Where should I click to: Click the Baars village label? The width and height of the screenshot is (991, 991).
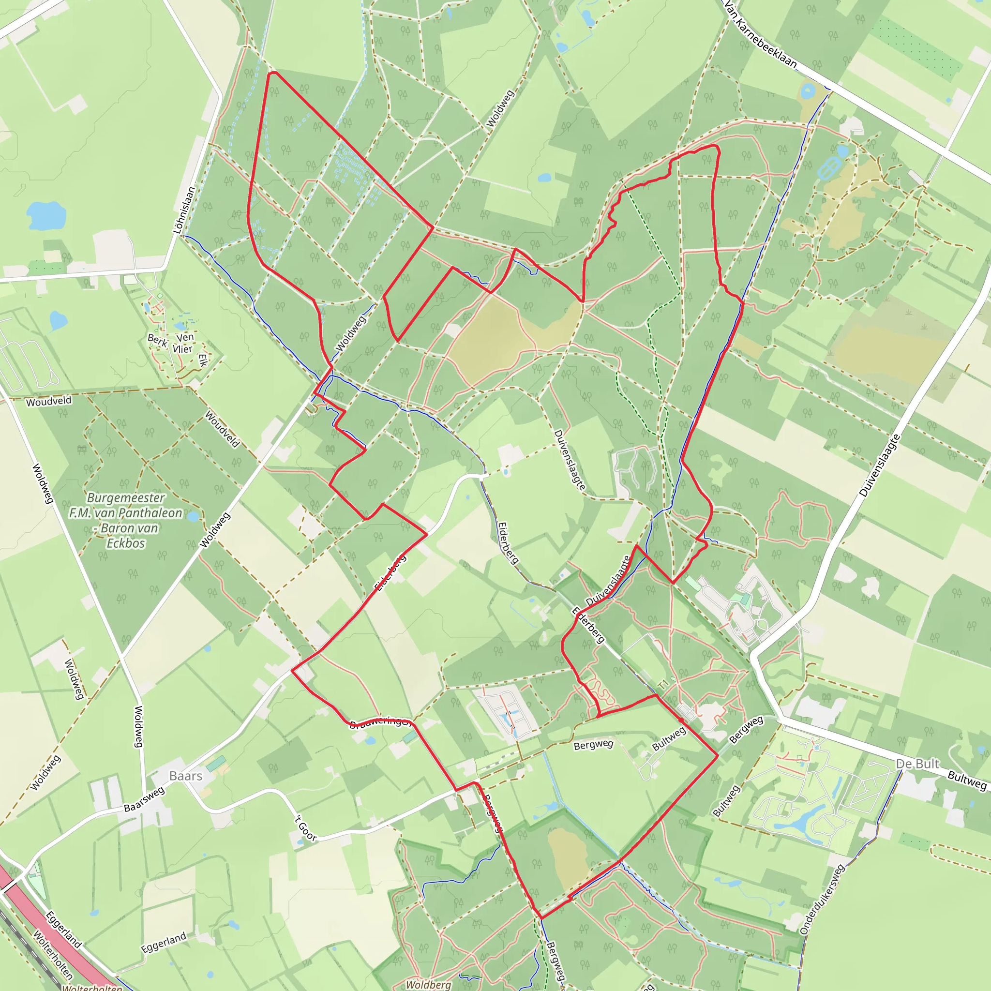[186, 776]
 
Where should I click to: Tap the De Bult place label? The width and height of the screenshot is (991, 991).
[917, 764]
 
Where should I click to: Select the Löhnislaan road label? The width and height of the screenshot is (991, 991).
[184, 210]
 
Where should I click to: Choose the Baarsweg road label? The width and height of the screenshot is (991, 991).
[144, 799]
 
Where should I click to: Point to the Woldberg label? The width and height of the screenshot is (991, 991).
[428, 984]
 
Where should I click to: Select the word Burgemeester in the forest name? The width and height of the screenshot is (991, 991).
[126, 497]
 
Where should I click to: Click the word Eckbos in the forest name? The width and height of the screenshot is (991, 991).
[126, 543]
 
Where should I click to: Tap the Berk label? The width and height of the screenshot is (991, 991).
[157, 340]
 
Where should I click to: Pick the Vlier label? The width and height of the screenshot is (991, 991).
[182, 349]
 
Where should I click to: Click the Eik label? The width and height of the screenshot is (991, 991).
[203, 360]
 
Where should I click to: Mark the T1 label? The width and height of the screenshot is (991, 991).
[664, 684]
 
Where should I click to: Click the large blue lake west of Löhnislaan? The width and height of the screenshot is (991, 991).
[46, 215]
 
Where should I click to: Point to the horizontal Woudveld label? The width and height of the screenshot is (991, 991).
[49, 401]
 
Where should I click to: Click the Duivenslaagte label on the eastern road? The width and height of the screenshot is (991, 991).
[880, 465]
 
